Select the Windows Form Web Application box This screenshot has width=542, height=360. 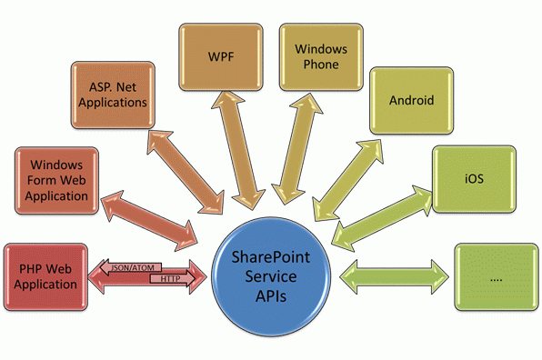[56, 179]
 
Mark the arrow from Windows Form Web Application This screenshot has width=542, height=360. [150, 216]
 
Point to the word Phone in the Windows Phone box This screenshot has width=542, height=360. [315, 65]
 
